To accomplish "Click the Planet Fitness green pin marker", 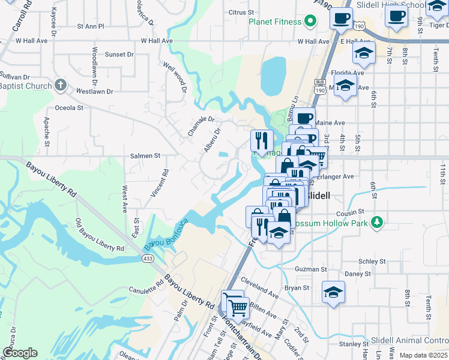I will (310, 22).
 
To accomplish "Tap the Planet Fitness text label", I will (275, 22).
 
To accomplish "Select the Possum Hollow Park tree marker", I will (376, 223).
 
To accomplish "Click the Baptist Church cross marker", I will (61, 85).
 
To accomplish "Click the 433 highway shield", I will (147, 258).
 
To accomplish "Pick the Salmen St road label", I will (145, 155).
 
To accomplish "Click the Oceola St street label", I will (69, 108).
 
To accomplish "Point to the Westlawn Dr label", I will (95, 92).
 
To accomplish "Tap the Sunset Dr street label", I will (119, 54).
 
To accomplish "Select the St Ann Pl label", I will (91, 26).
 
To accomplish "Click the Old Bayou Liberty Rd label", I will (99, 236).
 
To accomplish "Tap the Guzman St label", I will (310, 270).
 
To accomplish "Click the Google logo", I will (20, 353).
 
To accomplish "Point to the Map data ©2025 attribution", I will (423, 355).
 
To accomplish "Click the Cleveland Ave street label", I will (260, 287).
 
